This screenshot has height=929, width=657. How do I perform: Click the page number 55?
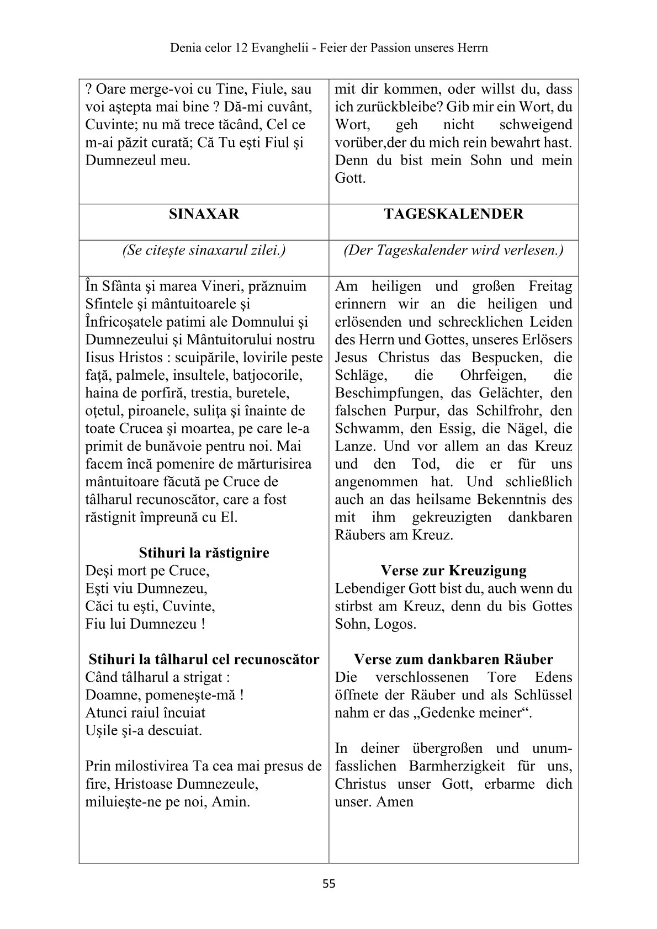tap(328, 884)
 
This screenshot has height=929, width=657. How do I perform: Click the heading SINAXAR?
tap(204, 214)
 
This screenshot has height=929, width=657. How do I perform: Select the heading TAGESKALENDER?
tap(453, 214)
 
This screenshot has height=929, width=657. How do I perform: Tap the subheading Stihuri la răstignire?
tap(204, 553)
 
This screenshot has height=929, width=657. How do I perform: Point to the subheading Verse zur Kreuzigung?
tap(453, 570)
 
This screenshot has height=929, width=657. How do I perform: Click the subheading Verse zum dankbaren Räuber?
tap(453, 659)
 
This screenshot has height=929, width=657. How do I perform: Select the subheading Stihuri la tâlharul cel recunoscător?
tap(204, 659)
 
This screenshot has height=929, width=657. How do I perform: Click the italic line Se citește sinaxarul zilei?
tap(204, 250)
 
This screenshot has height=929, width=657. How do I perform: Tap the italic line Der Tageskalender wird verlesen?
tap(453, 250)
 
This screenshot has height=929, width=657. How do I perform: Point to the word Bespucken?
tap(501, 357)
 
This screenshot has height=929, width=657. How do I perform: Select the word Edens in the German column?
tap(554, 677)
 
